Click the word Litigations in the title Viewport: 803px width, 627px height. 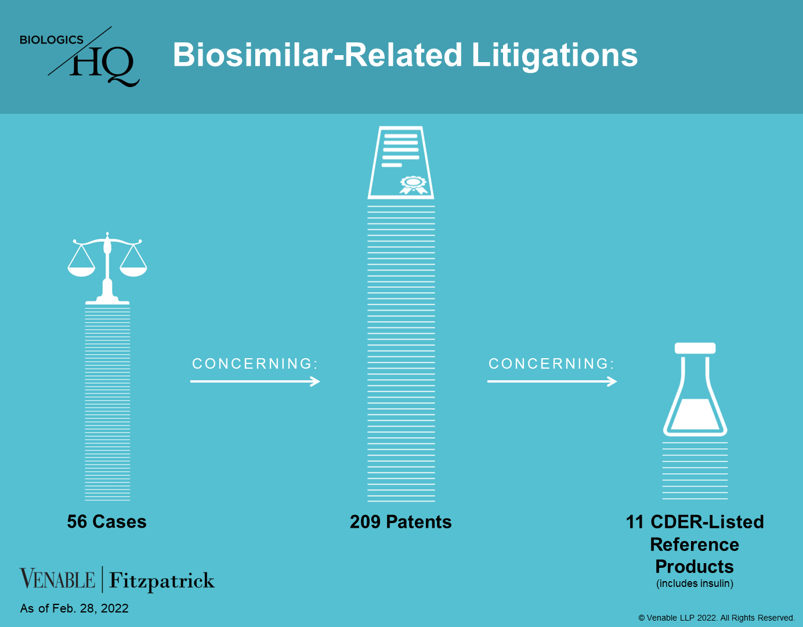click(x=554, y=56)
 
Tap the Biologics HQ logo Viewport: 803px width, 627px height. click(x=79, y=56)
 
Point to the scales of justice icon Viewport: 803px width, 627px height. click(x=107, y=268)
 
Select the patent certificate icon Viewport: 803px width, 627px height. click(x=401, y=163)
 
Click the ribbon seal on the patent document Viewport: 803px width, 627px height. click(x=414, y=185)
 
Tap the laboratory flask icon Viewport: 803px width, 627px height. click(x=695, y=390)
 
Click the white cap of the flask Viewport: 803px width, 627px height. click(x=695, y=348)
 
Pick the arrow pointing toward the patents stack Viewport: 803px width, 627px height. click(x=255, y=381)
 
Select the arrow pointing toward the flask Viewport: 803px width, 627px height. click(x=552, y=381)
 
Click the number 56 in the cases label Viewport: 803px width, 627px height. click(x=77, y=522)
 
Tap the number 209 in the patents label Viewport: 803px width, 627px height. click(x=365, y=522)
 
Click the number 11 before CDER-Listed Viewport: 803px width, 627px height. click(x=635, y=522)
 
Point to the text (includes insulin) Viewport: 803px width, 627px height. click(x=695, y=583)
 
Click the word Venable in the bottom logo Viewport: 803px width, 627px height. click(x=57, y=579)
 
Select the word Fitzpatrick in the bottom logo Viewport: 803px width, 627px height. click(x=161, y=581)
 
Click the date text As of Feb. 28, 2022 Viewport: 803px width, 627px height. click(x=74, y=608)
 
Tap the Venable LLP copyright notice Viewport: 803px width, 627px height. click(x=717, y=618)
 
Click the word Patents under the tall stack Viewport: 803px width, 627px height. click(x=419, y=522)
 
